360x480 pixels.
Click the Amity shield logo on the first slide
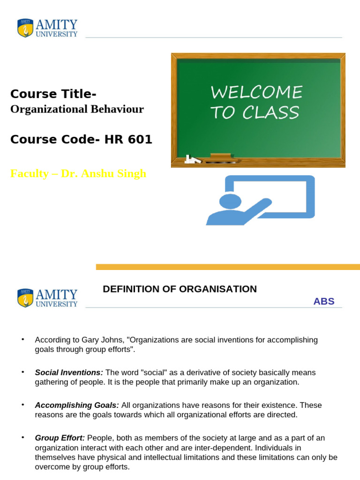click(25, 28)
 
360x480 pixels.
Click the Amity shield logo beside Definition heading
click(25, 298)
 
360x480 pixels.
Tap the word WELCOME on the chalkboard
click(256, 92)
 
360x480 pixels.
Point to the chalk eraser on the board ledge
click(220, 156)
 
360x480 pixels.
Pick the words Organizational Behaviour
click(77, 109)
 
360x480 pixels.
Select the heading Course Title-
click(53, 94)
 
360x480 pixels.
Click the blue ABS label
click(324, 301)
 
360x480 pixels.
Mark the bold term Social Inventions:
click(69, 373)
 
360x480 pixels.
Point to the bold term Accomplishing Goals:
click(77, 405)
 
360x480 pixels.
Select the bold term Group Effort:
click(60, 438)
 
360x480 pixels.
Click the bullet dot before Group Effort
click(22, 437)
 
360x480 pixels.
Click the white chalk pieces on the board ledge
click(191, 159)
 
